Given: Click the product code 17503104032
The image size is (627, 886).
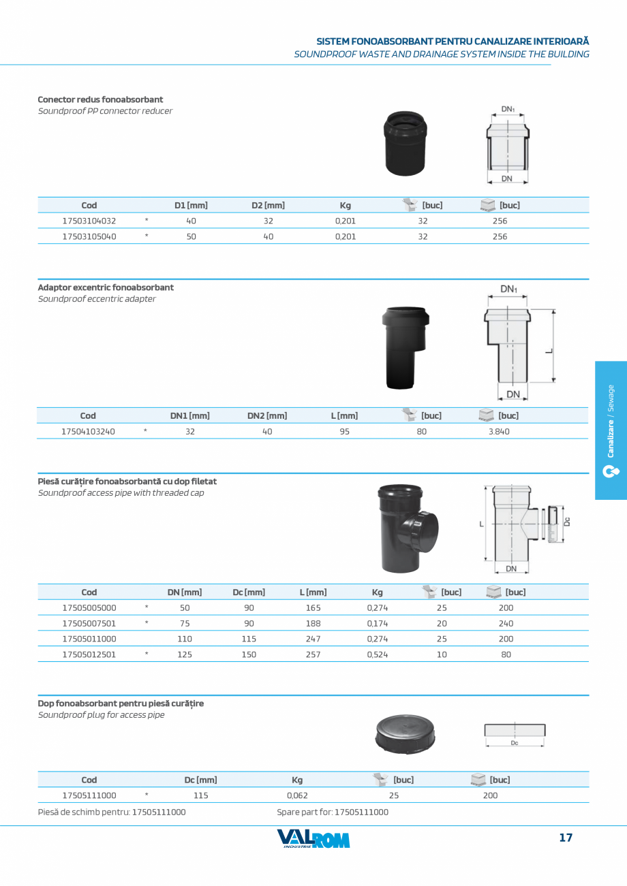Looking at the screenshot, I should [89, 221].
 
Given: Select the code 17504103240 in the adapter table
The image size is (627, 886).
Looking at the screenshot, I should [88, 431].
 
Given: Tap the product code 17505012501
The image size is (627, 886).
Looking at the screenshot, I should [89, 654].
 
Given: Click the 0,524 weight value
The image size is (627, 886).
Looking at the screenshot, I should [377, 654].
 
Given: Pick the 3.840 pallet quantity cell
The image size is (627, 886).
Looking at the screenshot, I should [498, 431].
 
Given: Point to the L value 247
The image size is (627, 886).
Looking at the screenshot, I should [313, 639].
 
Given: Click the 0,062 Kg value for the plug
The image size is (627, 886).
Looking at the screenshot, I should [297, 795].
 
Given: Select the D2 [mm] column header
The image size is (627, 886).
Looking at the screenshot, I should [268, 205].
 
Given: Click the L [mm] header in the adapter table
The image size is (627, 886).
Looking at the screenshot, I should [344, 415].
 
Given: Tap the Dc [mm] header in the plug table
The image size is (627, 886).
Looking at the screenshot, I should [200, 780].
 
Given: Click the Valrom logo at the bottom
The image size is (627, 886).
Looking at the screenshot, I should [313, 839].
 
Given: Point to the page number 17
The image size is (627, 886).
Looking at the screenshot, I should [566, 838].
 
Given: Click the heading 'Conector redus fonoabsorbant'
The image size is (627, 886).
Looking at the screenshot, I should [100, 99].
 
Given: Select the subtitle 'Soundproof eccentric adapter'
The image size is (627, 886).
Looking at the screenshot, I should [97, 299].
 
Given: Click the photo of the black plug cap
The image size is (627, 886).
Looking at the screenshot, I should [405, 734].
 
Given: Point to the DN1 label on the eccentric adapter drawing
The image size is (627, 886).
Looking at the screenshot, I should [508, 289].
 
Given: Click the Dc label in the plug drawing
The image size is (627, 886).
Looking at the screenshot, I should [514, 743].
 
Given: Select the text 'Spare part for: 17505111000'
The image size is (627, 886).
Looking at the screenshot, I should [333, 812].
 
